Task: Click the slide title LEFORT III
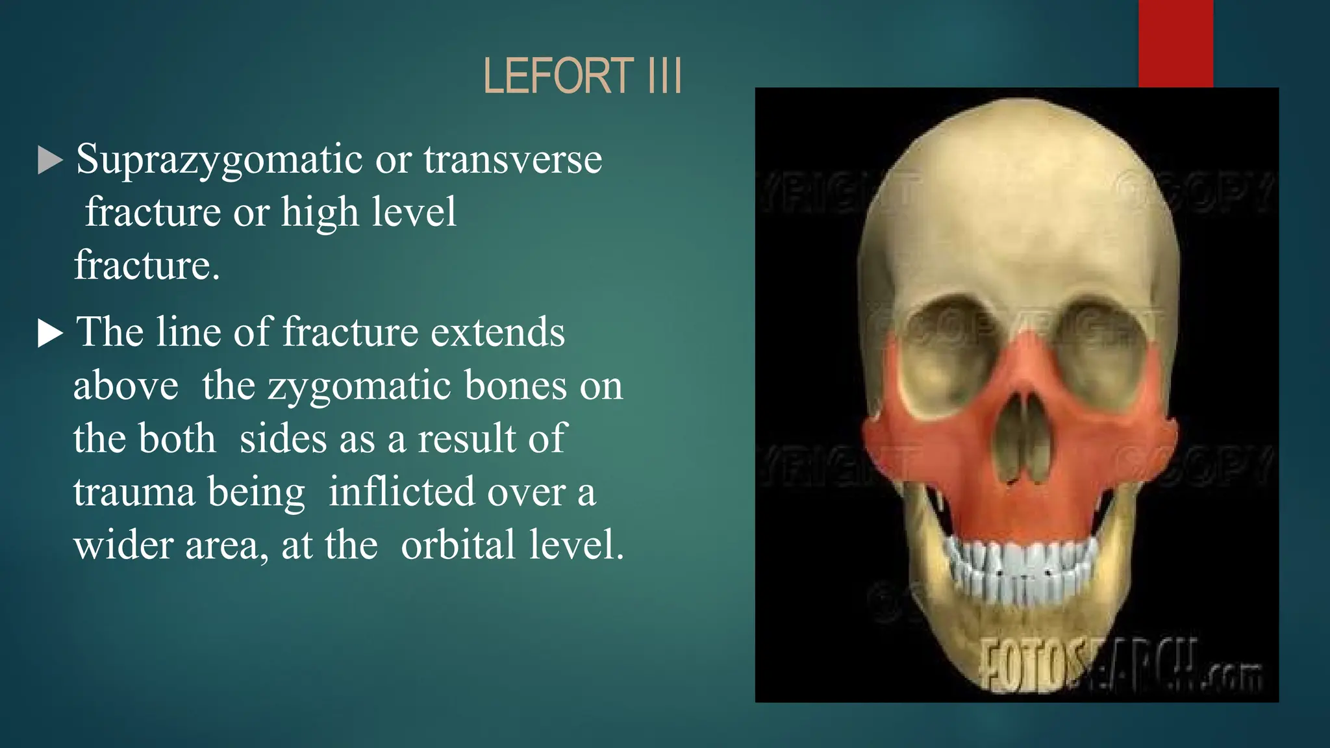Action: point(583,76)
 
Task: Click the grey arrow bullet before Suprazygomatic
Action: point(50,160)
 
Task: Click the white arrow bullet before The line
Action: point(50,334)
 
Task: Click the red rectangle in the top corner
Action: point(1175,43)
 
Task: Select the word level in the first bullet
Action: point(416,213)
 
